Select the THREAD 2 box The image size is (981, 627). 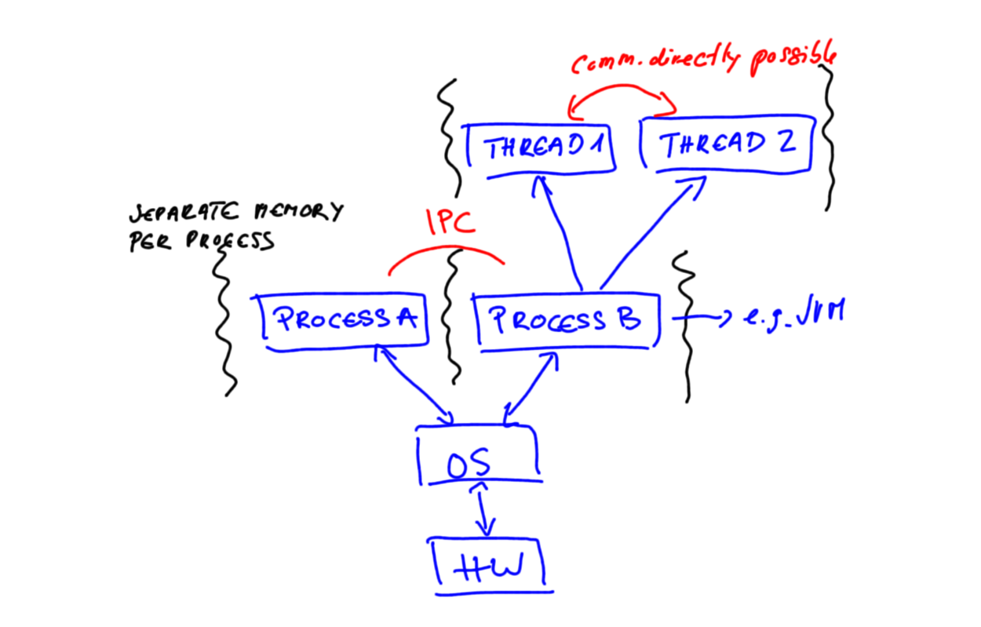[727, 145]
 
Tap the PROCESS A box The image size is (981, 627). [345, 320]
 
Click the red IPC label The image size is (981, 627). [450, 224]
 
